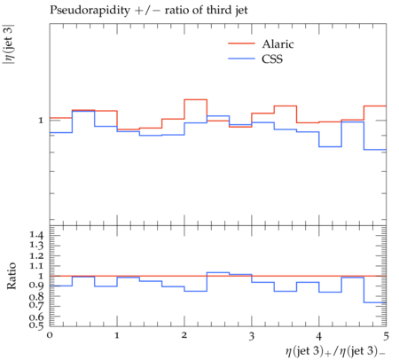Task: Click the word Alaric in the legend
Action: click(278, 44)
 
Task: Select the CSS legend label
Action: click(272, 59)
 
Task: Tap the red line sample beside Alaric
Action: click(241, 43)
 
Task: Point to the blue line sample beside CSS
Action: click(241, 59)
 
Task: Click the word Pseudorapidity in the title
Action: click(90, 11)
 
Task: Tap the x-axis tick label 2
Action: click(184, 335)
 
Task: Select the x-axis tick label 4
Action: click(319, 335)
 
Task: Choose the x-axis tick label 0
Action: click(50, 335)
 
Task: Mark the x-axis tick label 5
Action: click(386, 336)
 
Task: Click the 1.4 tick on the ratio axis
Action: click(36, 235)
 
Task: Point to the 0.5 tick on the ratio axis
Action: click(36, 325)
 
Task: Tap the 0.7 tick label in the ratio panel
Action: click(36, 304)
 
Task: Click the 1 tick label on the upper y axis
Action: click(41, 121)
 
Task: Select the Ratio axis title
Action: click(12, 276)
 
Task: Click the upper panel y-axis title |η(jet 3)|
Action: click(9, 44)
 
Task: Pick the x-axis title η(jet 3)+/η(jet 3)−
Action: click(335, 351)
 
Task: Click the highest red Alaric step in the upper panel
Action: click(196, 99)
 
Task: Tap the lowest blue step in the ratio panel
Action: click(375, 302)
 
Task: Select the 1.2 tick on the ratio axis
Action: click(36, 255)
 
